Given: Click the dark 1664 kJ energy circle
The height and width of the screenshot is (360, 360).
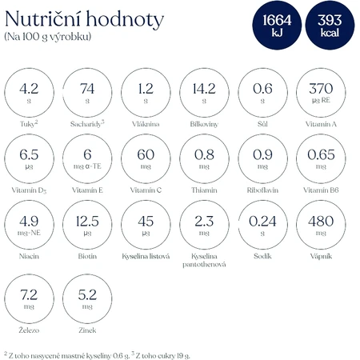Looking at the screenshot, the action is click(x=277, y=25).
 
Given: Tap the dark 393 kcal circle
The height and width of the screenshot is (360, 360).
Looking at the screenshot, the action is click(x=330, y=25).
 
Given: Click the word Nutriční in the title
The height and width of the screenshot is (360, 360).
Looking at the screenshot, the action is click(x=43, y=19).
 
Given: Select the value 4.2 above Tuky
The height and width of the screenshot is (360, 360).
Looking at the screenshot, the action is click(x=29, y=89).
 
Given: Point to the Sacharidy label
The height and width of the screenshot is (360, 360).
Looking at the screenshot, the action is click(x=87, y=124).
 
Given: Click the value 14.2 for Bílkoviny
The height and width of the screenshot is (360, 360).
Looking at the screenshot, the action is click(x=204, y=89).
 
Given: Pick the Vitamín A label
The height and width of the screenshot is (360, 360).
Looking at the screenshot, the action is click(x=321, y=124).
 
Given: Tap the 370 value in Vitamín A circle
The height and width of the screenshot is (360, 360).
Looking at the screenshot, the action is click(x=321, y=89).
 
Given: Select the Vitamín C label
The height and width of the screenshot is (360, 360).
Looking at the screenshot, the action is click(x=146, y=190).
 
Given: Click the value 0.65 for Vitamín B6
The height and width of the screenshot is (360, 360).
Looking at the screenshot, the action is click(x=321, y=154).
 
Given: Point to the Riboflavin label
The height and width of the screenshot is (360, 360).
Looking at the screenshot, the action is click(x=262, y=190).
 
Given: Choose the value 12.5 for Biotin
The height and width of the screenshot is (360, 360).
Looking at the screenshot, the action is click(x=87, y=222).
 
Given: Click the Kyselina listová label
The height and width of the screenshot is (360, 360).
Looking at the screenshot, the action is click(x=146, y=256).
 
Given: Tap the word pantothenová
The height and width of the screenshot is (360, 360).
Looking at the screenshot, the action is click(x=204, y=265).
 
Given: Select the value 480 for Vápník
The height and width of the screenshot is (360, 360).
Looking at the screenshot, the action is click(x=321, y=221).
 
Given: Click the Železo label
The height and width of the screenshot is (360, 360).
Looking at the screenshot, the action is click(x=29, y=330).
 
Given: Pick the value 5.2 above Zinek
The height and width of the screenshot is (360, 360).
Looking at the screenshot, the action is click(x=87, y=295).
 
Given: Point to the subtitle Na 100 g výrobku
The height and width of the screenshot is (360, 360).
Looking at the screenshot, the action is click(x=48, y=37).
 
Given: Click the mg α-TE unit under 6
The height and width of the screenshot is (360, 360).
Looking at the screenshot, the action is click(x=87, y=166).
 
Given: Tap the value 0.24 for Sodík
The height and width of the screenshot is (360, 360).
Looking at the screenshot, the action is click(x=262, y=222).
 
